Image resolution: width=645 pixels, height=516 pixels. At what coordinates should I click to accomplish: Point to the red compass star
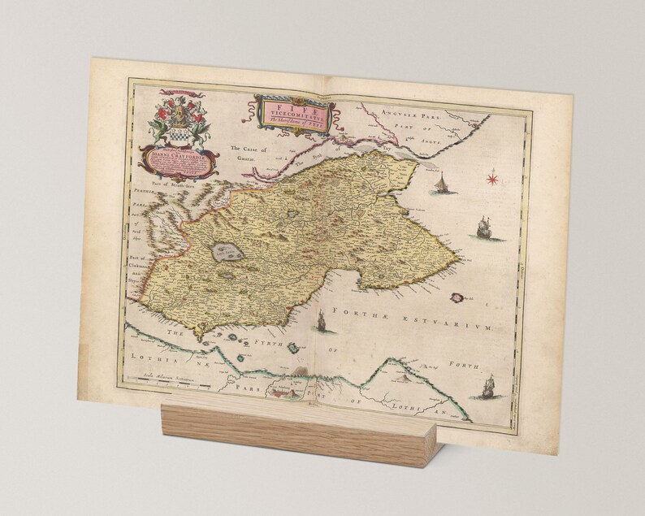492,176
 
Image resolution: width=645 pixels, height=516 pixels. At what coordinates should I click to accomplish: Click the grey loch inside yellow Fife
221,254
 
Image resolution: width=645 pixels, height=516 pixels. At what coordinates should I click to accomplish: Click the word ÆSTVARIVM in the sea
469,324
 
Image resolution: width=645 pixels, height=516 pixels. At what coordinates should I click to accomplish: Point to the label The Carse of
249,150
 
